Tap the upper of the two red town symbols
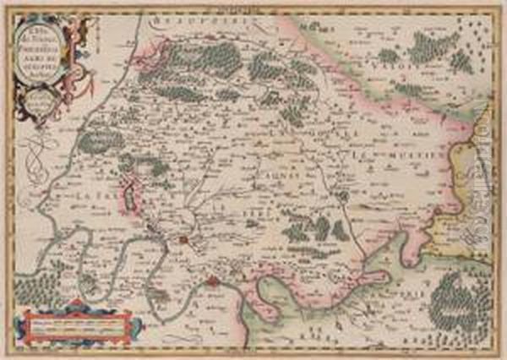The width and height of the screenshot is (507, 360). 183,242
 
